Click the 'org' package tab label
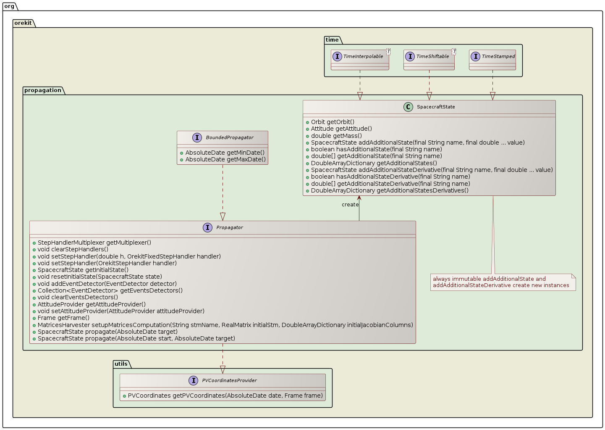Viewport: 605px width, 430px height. click(9, 6)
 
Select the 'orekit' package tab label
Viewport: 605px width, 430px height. click(23, 23)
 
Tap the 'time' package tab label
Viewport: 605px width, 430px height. click(332, 40)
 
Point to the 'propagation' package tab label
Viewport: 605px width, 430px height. click(43, 90)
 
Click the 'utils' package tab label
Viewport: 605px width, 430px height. click(121, 364)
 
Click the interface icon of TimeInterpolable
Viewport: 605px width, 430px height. click(337, 56)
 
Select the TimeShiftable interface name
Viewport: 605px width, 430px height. click(432, 56)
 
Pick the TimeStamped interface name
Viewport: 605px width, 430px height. click(498, 56)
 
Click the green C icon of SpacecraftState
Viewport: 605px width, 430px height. click(408, 107)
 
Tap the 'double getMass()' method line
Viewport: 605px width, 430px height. click(336, 136)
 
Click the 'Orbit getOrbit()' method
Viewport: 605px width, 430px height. click(333, 122)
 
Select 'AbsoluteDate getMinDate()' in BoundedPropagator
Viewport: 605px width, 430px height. click(225, 153)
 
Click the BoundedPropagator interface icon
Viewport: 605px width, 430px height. click(197, 137)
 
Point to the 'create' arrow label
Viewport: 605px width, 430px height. click(350, 205)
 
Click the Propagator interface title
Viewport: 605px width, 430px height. click(229, 227)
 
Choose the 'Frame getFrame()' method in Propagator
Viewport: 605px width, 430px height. click(63, 318)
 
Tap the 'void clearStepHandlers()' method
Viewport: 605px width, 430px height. click(73, 249)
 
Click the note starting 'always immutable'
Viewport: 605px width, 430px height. click(502, 282)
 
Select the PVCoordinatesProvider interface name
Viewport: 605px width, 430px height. click(229, 380)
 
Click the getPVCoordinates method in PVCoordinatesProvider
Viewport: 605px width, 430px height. click(225, 396)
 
